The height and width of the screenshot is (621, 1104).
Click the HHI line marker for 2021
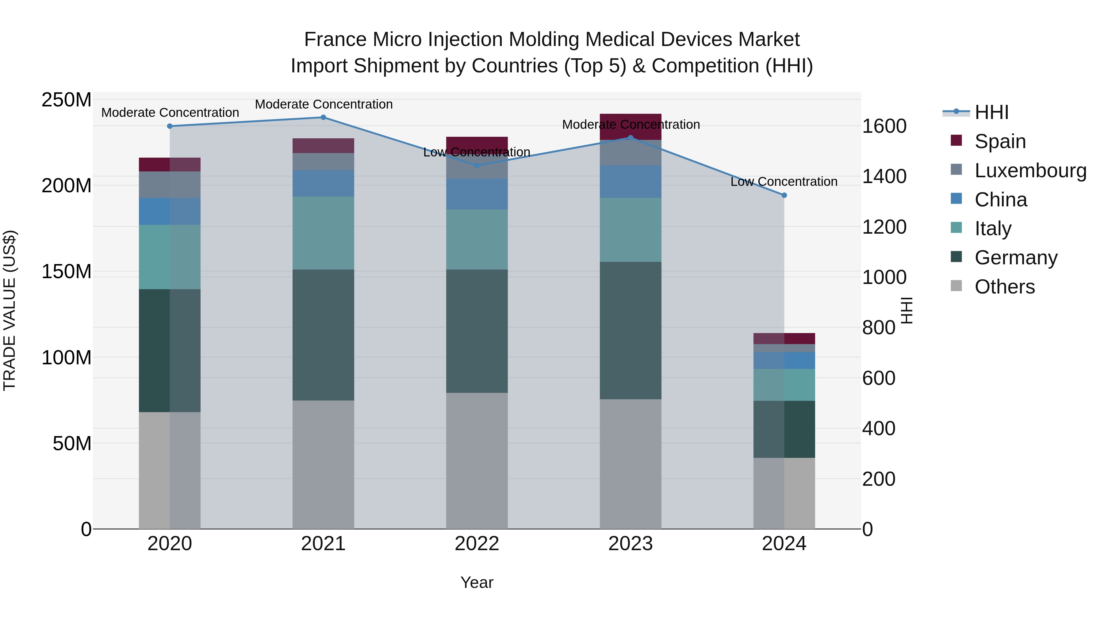[323, 117]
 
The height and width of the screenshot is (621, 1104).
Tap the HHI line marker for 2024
[784, 195]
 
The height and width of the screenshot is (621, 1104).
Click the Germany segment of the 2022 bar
[477, 331]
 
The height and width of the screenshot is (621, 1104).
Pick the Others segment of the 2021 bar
[323, 465]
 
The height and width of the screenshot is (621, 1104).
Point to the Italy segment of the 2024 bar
[784, 385]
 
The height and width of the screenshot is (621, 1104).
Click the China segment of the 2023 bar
[631, 182]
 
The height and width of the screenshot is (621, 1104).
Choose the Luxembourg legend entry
[1030, 171]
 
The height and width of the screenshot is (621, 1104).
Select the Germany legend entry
[1016, 258]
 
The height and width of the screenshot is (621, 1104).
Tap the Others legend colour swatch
[956, 286]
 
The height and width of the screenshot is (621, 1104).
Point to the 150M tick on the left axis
[67, 272]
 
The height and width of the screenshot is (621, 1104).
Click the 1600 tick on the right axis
[884, 126]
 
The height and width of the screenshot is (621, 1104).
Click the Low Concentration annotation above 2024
[784, 182]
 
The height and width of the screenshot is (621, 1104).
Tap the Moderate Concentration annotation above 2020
[170, 113]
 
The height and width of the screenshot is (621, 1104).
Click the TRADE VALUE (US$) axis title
[10, 310]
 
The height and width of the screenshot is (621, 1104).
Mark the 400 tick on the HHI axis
[879, 429]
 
